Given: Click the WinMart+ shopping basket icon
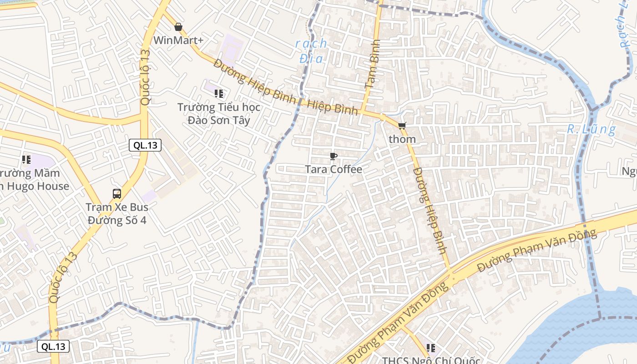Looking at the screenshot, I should pyautogui.click(x=178, y=27).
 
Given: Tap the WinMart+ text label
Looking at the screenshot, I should pyautogui.click(x=178, y=40).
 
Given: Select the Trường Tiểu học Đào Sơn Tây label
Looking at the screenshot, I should pyautogui.click(x=219, y=114).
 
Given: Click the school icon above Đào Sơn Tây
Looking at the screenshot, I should pyautogui.click(x=219, y=94).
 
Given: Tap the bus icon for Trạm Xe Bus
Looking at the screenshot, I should pyautogui.click(x=117, y=194).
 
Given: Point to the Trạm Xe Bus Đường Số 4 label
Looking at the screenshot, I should pyautogui.click(x=117, y=214).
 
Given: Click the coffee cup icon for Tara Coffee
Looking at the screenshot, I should pyautogui.click(x=334, y=157).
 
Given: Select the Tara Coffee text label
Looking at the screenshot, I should pyautogui.click(x=334, y=170).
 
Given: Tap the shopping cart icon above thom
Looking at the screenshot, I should pyautogui.click(x=402, y=126).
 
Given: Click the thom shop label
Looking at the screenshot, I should pyautogui.click(x=402, y=139).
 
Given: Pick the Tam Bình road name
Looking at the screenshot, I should pyautogui.click(x=372, y=64).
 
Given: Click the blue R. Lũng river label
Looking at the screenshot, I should pyautogui.click(x=591, y=130).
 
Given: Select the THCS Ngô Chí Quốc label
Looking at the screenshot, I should pyautogui.click(x=431, y=360).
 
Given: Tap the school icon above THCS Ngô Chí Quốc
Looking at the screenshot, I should pyautogui.click(x=431, y=348).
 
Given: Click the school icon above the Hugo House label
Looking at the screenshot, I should pyautogui.click(x=26, y=160).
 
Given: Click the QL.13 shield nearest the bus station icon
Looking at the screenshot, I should pyautogui.click(x=145, y=146).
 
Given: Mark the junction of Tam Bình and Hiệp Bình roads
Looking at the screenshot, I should pyautogui.click(x=363, y=111).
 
